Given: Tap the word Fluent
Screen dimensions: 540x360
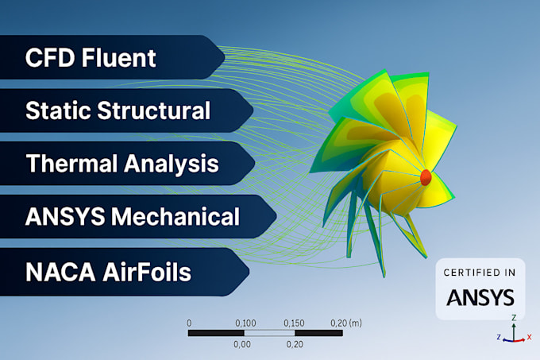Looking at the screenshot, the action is point(118,57).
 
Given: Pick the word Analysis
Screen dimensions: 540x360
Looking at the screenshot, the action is point(172,164).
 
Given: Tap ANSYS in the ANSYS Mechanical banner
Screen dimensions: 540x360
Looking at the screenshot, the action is point(65,217).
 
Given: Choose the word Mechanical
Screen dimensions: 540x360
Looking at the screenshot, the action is point(175,216).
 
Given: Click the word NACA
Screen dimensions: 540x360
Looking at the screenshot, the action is point(60,272).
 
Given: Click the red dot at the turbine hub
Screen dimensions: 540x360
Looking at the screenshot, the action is point(426,177).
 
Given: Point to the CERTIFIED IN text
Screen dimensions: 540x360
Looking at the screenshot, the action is point(480,273).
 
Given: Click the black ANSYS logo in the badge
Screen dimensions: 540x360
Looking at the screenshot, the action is point(480,297).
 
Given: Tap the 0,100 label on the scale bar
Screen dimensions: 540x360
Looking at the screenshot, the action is point(245,323).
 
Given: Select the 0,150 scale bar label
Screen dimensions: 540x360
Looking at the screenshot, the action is point(294,323).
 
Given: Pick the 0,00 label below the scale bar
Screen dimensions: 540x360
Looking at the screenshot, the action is point(242,344).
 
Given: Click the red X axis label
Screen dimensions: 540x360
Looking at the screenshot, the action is point(530,337).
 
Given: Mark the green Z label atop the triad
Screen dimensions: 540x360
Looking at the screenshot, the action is point(514,318).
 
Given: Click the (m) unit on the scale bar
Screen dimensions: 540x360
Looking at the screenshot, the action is point(356,323).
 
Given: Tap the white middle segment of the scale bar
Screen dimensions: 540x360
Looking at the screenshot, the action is point(270,333).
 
